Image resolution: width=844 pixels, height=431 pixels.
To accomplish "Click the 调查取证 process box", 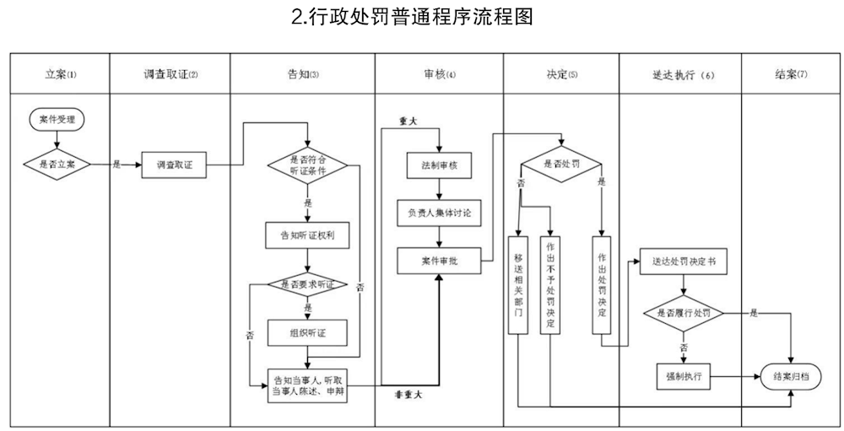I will (x=175, y=164).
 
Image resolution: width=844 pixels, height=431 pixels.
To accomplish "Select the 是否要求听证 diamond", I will (x=307, y=284).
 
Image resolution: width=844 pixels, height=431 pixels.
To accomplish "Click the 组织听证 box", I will (x=307, y=332).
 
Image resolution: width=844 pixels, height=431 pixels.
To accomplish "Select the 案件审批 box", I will (x=439, y=261).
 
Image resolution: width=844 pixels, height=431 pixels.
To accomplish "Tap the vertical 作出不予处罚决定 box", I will (x=551, y=284).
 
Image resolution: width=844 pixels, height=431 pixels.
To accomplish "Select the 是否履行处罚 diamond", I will (x=684, y=312).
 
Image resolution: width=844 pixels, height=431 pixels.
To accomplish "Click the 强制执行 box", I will (x=684, y=375).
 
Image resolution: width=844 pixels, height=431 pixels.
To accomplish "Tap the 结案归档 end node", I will (x=792, y=376).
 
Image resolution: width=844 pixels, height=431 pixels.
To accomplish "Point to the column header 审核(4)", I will (x=439, y=75).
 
